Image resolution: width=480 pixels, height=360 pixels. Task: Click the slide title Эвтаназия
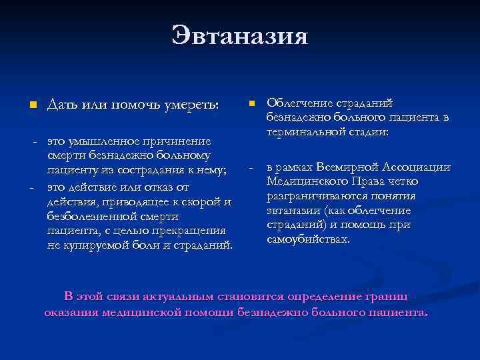click(x=239, y=35)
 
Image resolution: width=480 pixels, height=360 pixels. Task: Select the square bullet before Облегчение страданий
click(x=251, y=103)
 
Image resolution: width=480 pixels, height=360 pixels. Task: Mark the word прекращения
click(x=194, y=231)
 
